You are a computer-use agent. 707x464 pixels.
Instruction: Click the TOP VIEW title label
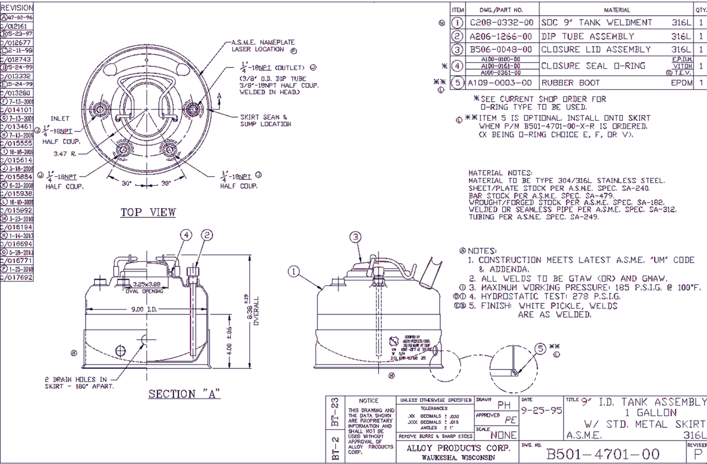[148, 212]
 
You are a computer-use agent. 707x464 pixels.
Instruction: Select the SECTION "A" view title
[184, 394]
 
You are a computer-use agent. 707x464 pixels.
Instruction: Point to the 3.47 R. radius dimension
[65, 154]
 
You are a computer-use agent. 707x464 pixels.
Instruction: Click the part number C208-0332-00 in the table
[502, 23]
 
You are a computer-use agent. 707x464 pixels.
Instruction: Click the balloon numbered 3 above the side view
[356, 237]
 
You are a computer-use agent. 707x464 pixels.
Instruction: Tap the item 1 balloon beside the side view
[294, 271]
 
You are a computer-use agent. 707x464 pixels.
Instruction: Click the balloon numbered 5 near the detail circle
[540, 348]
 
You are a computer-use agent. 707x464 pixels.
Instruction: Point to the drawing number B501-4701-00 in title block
[603, 454]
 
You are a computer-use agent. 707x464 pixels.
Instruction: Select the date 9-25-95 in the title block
[541, 411]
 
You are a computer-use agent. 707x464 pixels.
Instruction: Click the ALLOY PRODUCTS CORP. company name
[458, 448]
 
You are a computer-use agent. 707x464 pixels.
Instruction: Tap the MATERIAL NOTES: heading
[500, 173]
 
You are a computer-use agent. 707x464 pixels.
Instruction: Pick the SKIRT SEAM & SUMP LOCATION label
[265, 120]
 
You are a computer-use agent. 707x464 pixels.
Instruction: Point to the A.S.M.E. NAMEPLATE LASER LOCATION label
[263, 46]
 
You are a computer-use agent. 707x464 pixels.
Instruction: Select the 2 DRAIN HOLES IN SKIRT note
[78, 383]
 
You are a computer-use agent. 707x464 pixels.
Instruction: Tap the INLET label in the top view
[60, 118]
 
